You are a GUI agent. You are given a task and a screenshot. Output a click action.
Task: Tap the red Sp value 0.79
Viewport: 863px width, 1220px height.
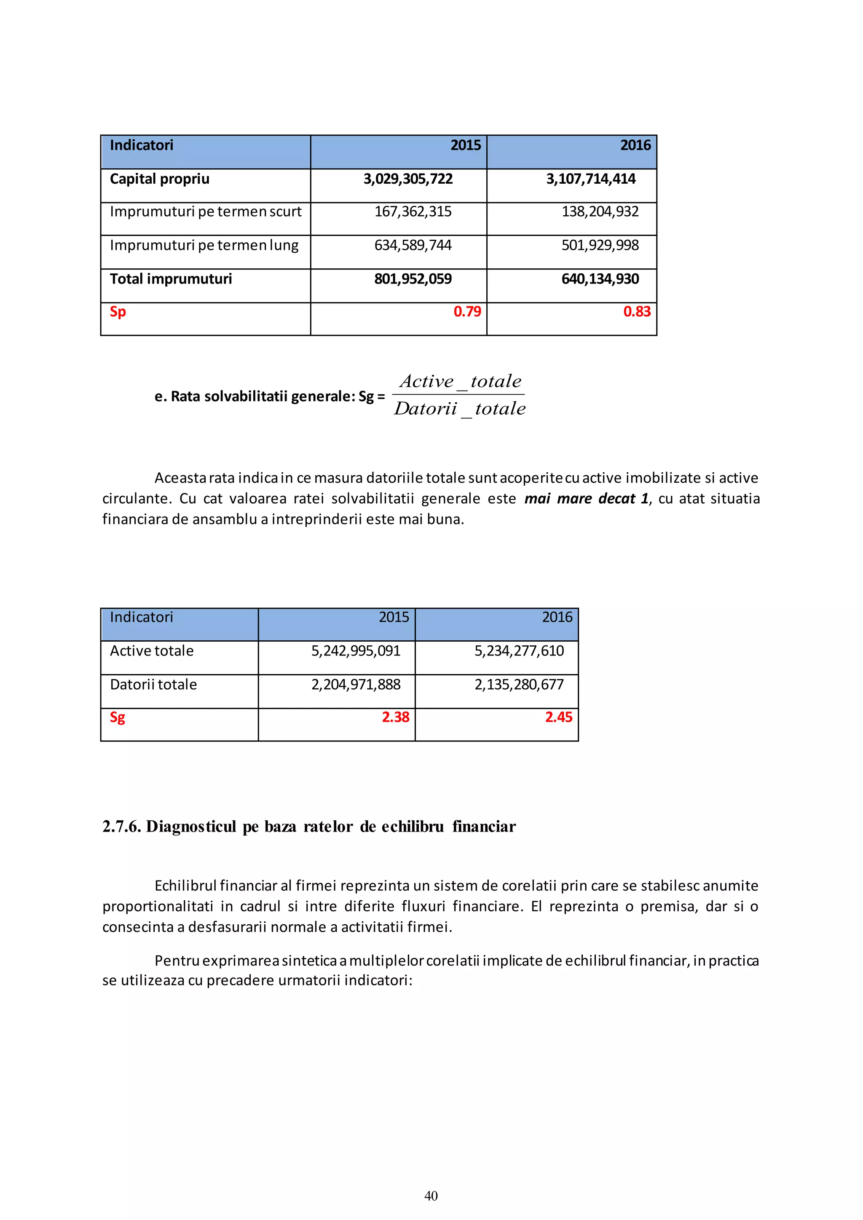(466, 312)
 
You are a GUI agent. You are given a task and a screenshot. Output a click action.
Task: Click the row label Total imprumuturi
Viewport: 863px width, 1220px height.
(171, 279)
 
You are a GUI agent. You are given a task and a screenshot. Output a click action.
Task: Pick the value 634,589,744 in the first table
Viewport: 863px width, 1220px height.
(413, 246)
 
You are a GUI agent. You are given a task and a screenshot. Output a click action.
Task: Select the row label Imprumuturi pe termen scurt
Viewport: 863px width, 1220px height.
(205, 212)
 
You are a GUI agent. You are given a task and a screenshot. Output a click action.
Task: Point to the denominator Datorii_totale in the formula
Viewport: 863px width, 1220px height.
(460, 409)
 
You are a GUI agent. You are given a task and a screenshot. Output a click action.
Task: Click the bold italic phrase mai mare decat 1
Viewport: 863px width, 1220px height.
(586, 499)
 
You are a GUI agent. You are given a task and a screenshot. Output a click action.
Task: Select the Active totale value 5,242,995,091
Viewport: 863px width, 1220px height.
(356, 651)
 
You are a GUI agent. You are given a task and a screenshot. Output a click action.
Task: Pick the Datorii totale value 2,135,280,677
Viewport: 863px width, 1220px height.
(519, 685)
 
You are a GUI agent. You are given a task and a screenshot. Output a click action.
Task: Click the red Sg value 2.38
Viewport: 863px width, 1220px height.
(395, 717)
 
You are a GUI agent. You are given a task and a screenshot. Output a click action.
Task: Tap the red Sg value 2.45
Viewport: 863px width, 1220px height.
(558, 717)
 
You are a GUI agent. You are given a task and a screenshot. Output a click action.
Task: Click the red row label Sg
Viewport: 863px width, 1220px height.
(118, 718)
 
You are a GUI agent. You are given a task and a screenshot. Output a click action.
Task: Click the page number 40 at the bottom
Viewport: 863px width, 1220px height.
(431, 1196)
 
